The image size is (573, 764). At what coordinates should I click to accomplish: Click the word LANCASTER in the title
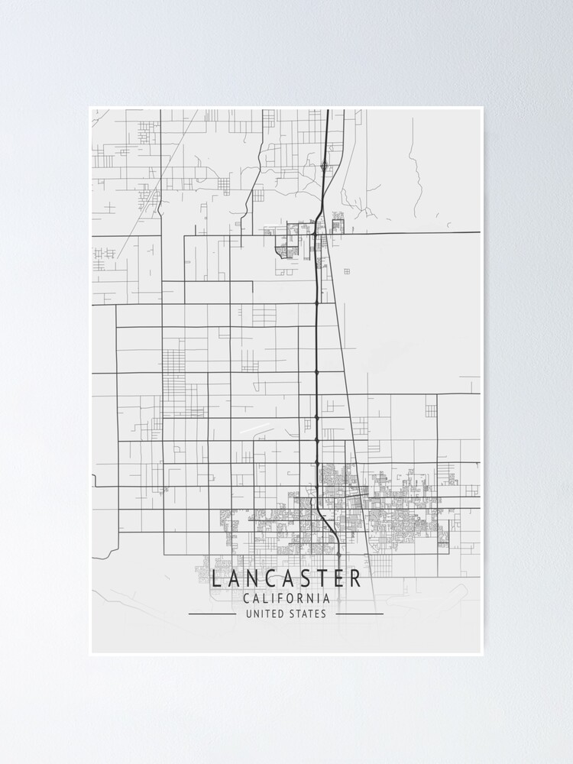click(x=286, y=578)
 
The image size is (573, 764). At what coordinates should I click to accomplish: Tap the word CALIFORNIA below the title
click(x=286, y=599)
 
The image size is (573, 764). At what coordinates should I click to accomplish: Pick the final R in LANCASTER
click(x=357, y=578)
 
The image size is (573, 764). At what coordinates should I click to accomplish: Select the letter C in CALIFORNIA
click(x=246, y=599)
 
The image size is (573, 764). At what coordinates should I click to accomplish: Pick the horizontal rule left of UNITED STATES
click(x=212, y=613)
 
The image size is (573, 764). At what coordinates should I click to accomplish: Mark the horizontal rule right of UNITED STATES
click(x=360, y=613)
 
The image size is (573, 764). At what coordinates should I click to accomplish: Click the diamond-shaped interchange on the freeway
click(x=325, y=166)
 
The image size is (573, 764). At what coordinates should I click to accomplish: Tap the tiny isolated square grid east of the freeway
click(x=346, y=271)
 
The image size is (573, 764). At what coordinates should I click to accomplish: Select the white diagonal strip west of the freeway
click(x=254, y=429)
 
